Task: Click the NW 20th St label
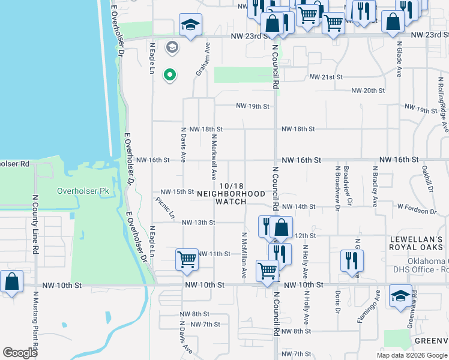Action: (x=367, y=91)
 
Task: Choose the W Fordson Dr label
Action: (x=417, y=211)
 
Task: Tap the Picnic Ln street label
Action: (x=164, y=207)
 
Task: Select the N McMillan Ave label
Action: (x=244, y=255)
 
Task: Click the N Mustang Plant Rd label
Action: (x=35, y=321)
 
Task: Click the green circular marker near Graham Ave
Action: (x=170, y=75)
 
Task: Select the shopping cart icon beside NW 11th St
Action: (x=187, y=259)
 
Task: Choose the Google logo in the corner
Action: (x=20, y=353)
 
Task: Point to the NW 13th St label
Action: (x=198, y=223)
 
